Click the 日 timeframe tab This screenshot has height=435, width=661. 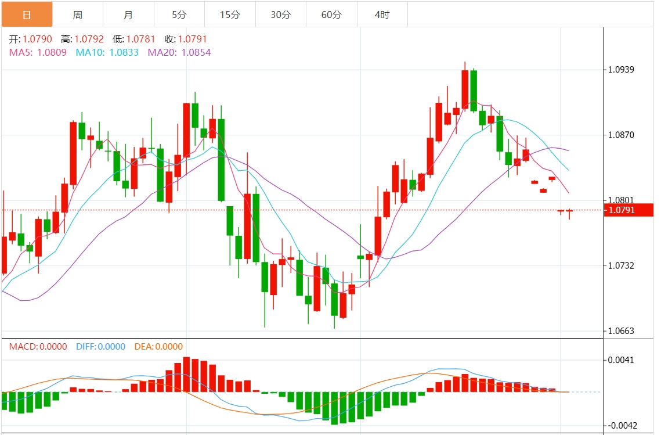[x=27, y=15]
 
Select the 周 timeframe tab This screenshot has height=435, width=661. [x=78, y=15]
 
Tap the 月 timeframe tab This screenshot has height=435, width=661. [x=128, y=15]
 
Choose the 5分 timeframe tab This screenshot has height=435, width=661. [x=179, y=15]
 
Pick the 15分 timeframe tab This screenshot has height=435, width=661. [x=230, y=15]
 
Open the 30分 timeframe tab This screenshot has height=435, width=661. [x=281, y=15]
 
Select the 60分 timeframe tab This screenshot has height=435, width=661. [x=331, y=15]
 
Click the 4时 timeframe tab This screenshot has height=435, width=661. [x=382, y=15]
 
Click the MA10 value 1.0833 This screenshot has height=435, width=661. [x=124, y=52]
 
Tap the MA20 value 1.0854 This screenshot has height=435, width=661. [x=196, y=52]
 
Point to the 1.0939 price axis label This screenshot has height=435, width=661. [x=620, y=70]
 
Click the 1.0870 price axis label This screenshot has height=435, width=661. [x=620, y=135]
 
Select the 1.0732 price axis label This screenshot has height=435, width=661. [x=620, y=265]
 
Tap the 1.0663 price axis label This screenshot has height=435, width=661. [x=620, y=331]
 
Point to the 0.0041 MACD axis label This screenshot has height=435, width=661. [x=620, y=360]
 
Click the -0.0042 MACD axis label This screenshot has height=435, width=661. [x=619, y=425]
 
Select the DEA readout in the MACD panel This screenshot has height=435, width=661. [x=158, y=347]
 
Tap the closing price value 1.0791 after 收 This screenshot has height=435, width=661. [x=192, y=39]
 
